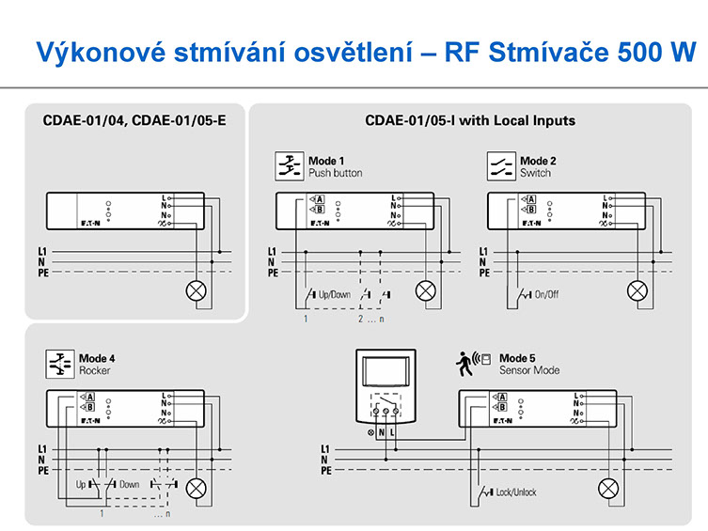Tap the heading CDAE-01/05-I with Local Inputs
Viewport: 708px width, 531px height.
coord(470,120)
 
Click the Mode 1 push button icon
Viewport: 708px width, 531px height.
coord(288,166)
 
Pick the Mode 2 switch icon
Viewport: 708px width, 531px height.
coord(500,166)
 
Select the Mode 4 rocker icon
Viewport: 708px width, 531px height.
coord(60,364)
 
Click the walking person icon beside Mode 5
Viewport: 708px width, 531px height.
coord(464,359)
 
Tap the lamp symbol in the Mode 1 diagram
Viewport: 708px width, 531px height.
coord(426,289)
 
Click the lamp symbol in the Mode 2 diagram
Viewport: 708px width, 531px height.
coord(638,289)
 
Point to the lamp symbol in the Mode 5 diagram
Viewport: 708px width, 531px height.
coord(609,487)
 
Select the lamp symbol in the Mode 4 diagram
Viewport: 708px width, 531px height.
coord(197,487)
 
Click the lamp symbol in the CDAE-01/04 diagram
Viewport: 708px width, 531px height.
coord(197,289)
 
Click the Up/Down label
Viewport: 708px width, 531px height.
coord(335,294)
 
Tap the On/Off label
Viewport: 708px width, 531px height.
coord(546,294)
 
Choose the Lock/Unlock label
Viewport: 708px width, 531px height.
coord(516,492)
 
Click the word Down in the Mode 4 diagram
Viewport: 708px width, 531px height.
coord(130,484)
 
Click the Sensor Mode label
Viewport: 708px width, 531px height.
coord(529,370)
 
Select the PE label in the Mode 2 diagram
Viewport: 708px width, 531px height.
coord(484,273)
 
